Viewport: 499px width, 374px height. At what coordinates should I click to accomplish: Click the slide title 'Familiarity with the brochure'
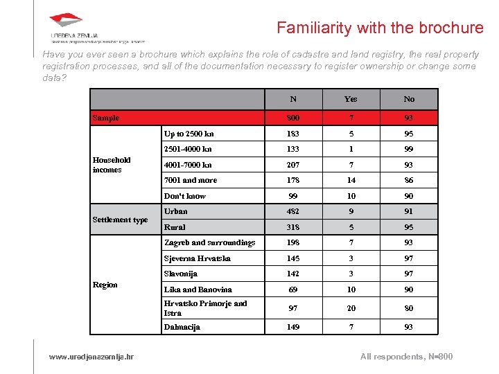380,28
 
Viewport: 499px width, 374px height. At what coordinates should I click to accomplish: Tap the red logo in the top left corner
67,21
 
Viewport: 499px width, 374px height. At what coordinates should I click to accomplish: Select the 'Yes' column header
351,99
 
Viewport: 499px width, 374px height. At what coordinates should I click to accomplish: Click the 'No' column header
409,99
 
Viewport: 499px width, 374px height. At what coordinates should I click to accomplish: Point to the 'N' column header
294,99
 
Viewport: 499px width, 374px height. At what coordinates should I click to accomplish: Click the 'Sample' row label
106,118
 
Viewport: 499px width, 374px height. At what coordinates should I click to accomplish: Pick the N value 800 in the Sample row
294,118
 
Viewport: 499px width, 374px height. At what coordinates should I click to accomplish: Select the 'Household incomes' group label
112,164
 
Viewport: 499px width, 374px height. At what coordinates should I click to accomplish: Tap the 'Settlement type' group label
121,220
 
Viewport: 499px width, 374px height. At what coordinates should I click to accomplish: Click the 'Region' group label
105,285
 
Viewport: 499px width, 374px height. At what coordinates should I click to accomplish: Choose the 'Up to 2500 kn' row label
189,133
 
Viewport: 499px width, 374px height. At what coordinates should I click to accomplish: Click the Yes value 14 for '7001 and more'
351,180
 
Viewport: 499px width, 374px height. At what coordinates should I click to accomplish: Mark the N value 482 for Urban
294,211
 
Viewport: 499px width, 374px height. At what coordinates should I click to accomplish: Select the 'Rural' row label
175,226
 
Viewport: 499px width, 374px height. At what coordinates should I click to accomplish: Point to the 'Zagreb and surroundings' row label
209,242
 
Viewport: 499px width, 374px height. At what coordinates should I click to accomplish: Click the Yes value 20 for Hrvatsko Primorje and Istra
351,308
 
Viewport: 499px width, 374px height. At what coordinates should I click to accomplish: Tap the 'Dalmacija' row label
182,326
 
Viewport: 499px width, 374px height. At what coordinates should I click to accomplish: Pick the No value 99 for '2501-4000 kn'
409,149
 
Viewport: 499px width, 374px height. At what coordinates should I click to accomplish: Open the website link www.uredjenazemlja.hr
91,357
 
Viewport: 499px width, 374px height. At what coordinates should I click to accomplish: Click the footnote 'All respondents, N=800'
407,357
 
